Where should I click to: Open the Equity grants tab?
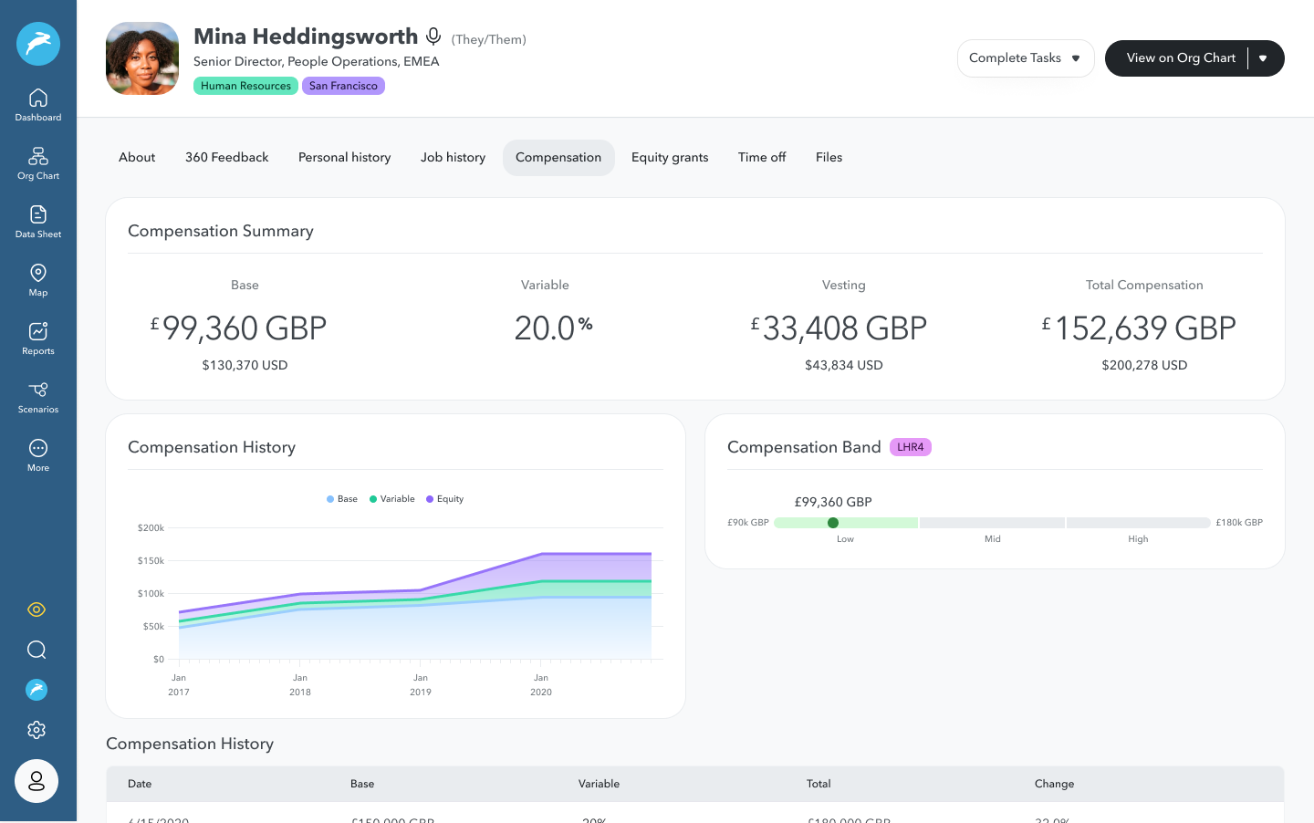point(669,157)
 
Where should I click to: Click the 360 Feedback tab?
point(226,157)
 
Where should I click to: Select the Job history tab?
point(453,157)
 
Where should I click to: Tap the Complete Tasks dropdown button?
point(1025,58)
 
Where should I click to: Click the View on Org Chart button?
point(1180,58)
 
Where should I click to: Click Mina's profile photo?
point(142,58)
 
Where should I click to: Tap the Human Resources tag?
point(245,86)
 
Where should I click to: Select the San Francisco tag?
point(343,86)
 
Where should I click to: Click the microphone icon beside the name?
point(433,36)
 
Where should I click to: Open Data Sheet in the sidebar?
point(38,221)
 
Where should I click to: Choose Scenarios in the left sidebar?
point(38,396)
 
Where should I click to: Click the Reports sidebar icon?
point(38,338)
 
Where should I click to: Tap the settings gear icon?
point(36,730)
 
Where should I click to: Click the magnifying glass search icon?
point(36,650)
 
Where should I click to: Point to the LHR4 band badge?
point(910,447)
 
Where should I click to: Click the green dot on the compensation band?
point(833,523)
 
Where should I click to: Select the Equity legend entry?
point(445,499)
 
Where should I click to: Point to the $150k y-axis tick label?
point(151,560)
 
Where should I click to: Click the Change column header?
point(1054,784)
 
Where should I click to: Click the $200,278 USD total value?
point(1144,365)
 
